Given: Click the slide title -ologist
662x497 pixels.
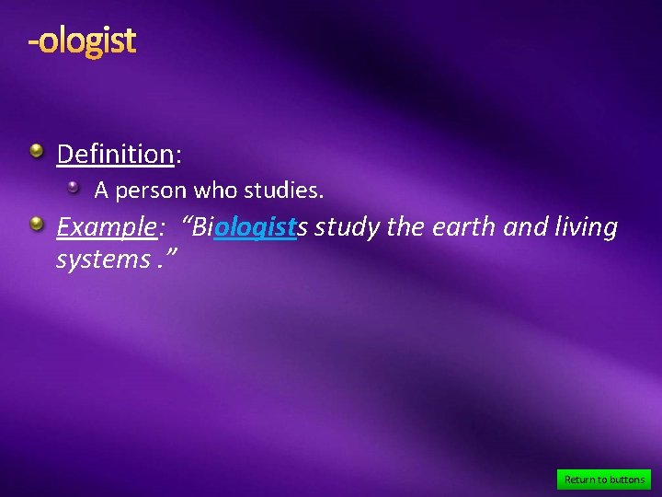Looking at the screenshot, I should (x=82, y=40).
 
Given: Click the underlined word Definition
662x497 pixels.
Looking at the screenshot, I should (x=115, y=154).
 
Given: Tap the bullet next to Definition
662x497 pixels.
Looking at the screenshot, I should (x=36, y=150).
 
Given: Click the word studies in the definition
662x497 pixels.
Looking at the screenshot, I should (x=280, y=191).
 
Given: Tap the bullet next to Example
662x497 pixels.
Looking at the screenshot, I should (x=36, y=223).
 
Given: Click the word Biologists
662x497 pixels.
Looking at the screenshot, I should (x=247, y=227).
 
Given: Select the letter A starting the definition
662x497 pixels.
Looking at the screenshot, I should (x=101, y=191).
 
